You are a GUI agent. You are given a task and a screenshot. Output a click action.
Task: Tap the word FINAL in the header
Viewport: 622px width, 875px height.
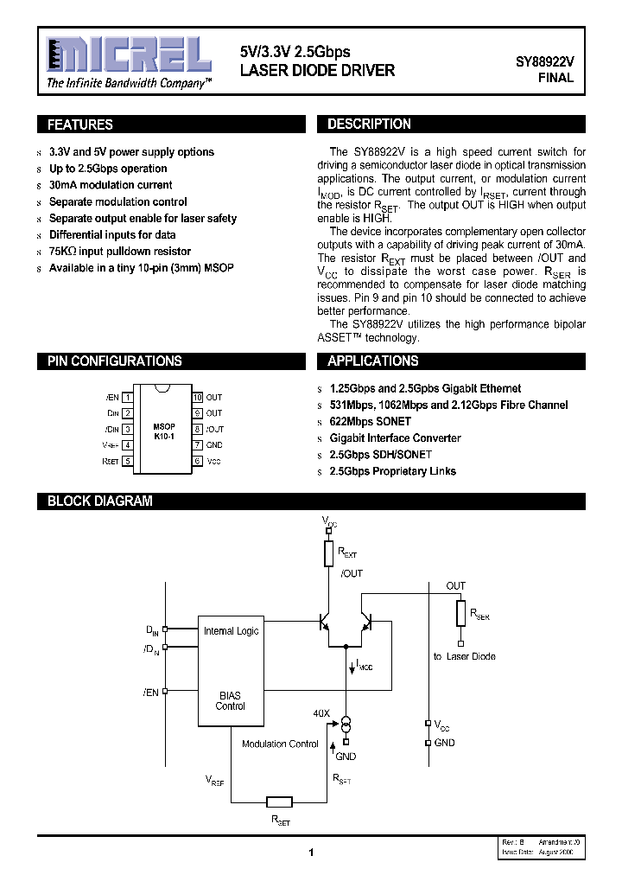(x=555, y=78)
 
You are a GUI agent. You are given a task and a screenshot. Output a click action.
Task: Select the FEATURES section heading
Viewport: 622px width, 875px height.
(x=79, y=125)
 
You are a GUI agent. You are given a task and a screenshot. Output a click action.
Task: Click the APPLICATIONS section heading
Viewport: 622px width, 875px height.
(x=372, y=361)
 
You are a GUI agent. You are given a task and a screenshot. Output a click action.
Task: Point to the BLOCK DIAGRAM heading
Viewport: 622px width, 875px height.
(x=99, y=501)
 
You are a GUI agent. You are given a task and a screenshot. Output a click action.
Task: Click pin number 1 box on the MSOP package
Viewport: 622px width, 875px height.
(x=127, y=397)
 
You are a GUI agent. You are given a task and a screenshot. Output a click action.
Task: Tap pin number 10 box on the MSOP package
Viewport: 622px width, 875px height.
(x=197, y=397)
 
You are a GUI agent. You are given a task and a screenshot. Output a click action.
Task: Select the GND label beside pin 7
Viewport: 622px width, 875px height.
(x=214, y=445)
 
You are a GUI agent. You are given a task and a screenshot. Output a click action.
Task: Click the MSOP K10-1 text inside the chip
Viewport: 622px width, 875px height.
(x=163, y=431)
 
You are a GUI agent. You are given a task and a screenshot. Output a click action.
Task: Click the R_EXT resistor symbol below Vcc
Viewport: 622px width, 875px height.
(x=328, y=552)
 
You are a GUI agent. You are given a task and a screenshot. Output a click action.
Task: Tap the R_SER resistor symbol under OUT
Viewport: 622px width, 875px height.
(x=461, y=613)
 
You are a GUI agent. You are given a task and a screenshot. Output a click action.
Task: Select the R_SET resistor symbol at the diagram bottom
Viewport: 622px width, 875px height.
(x=279, y=801)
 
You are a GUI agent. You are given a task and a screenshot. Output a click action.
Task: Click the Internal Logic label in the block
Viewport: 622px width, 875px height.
(x=231, y=631)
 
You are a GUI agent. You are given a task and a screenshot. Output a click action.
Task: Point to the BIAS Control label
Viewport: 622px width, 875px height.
(x=230, y=700)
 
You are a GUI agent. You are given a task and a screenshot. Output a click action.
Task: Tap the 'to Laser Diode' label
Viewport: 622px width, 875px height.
(x=464, y=656)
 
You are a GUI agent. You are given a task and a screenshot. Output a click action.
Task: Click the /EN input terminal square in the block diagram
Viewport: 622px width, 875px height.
(x=166, y=691)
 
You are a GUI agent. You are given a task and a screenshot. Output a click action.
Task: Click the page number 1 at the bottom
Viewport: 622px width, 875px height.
(x=310, y=853)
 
